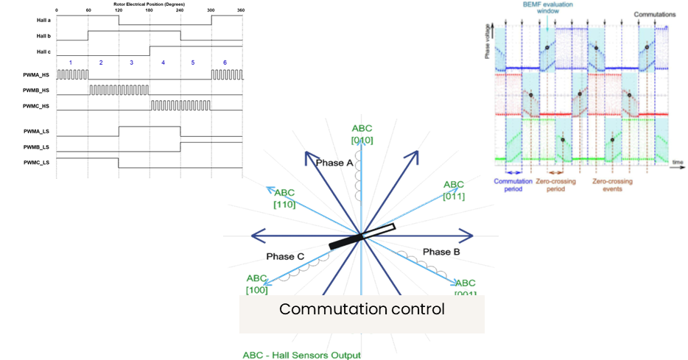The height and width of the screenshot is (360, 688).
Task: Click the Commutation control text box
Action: pos(362,309)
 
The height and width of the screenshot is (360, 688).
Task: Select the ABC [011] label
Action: pos(453,190)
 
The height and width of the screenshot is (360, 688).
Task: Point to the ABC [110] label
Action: pos(284,198)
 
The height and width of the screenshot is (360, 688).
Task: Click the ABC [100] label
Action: pos(256,284)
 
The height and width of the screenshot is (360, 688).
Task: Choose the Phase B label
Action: pos(442,253)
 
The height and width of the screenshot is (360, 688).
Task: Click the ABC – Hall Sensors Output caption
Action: pos(302,354)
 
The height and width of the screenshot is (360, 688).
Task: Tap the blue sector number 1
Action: pos(71,63)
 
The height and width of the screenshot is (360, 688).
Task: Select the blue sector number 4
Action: pos(163,63)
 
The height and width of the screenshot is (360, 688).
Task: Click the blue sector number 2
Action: pos(102,63)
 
